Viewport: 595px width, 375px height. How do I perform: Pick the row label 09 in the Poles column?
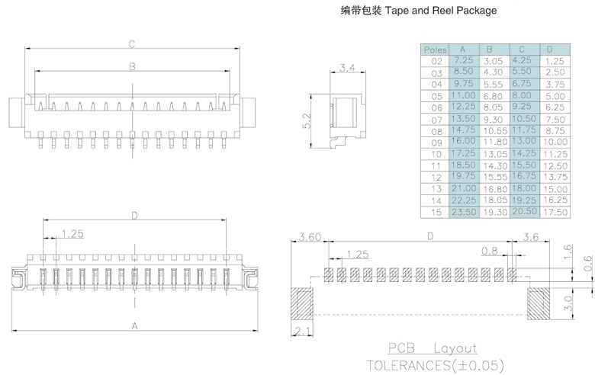point(436,142)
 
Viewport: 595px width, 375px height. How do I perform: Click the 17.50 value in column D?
point(556,212)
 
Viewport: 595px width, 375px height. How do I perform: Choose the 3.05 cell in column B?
point(494,60)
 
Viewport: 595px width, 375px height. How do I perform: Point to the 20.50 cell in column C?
point(525,211)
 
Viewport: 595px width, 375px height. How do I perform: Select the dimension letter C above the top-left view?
point(131,43)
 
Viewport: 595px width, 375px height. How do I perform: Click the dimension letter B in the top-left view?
point(132,67)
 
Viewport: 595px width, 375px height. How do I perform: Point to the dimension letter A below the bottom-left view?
point(135,325)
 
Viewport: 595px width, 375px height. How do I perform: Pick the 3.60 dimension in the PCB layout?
point(310,236)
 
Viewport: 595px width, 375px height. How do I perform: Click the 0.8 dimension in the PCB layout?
point(489,250)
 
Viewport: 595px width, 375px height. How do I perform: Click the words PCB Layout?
point(431,348)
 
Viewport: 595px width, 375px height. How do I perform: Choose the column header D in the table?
point(556,50)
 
